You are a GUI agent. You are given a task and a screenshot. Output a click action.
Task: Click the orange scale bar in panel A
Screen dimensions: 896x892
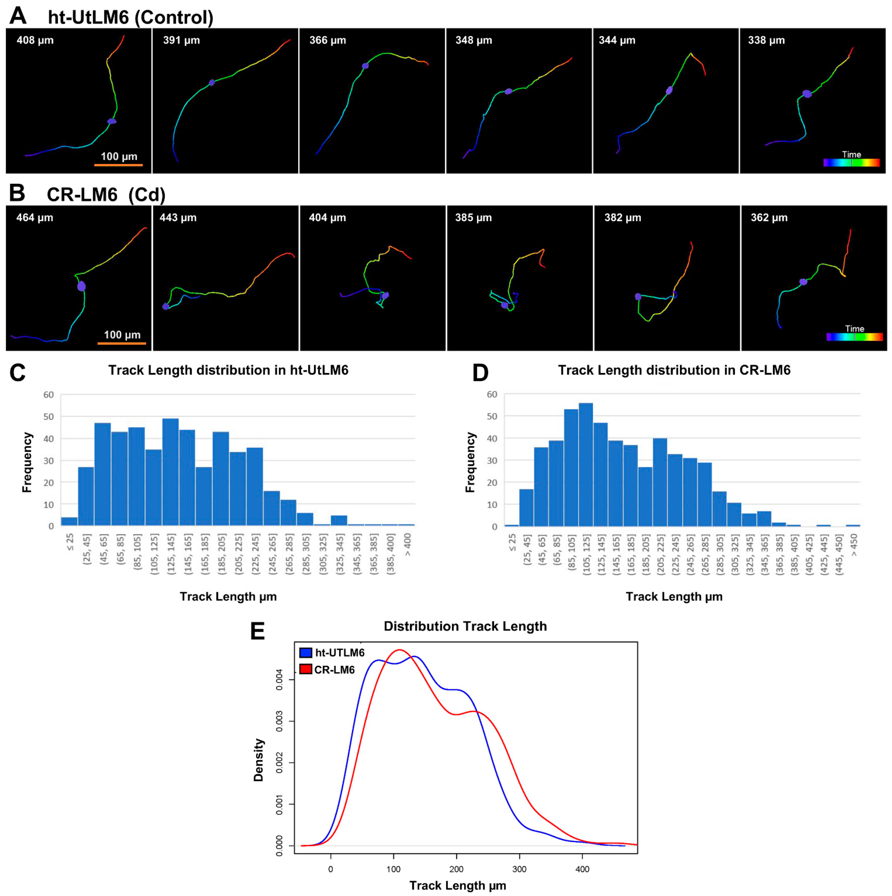tap(118, 165)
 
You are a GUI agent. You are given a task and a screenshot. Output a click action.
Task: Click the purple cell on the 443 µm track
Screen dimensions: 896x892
tap(166, 306)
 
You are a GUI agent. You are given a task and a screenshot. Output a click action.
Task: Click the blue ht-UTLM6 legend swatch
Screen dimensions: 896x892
tap(305, 653)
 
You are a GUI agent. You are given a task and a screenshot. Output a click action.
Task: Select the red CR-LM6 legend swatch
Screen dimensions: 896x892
tap(305, 669)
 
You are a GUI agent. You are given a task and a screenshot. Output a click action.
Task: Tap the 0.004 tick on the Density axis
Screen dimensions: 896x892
tap(279, 679)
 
